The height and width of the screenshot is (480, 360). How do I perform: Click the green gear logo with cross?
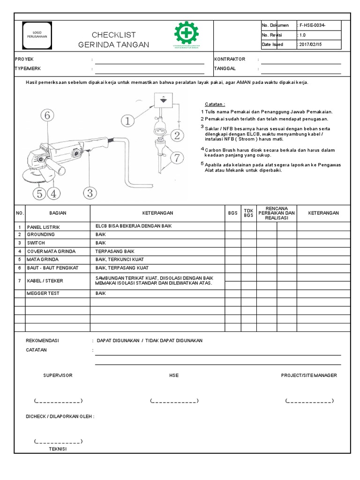(187, 34)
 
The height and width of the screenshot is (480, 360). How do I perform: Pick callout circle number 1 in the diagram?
(128, 121)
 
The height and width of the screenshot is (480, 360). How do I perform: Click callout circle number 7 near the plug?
(177, 158)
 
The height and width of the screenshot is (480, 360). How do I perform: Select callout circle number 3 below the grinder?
(90, 193)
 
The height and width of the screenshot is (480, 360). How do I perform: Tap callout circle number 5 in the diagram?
(40, 193)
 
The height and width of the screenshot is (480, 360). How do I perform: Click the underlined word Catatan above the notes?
(215, 104)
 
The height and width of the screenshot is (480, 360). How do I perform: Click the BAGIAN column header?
(57, 213)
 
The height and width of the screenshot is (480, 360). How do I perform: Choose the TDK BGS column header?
(248, 213)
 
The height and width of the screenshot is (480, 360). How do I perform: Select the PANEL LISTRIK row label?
(44, 226)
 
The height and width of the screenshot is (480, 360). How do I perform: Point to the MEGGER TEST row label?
(43, 293)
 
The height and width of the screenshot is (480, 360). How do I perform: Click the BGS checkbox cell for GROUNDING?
(232, 234)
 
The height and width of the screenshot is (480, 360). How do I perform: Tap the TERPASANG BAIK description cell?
(115, 251)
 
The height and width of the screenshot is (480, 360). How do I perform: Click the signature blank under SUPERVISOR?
(58, 401)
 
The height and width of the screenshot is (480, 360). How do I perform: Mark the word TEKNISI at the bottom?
(58, 449)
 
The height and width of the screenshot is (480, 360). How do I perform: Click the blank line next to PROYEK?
(150, 60)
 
